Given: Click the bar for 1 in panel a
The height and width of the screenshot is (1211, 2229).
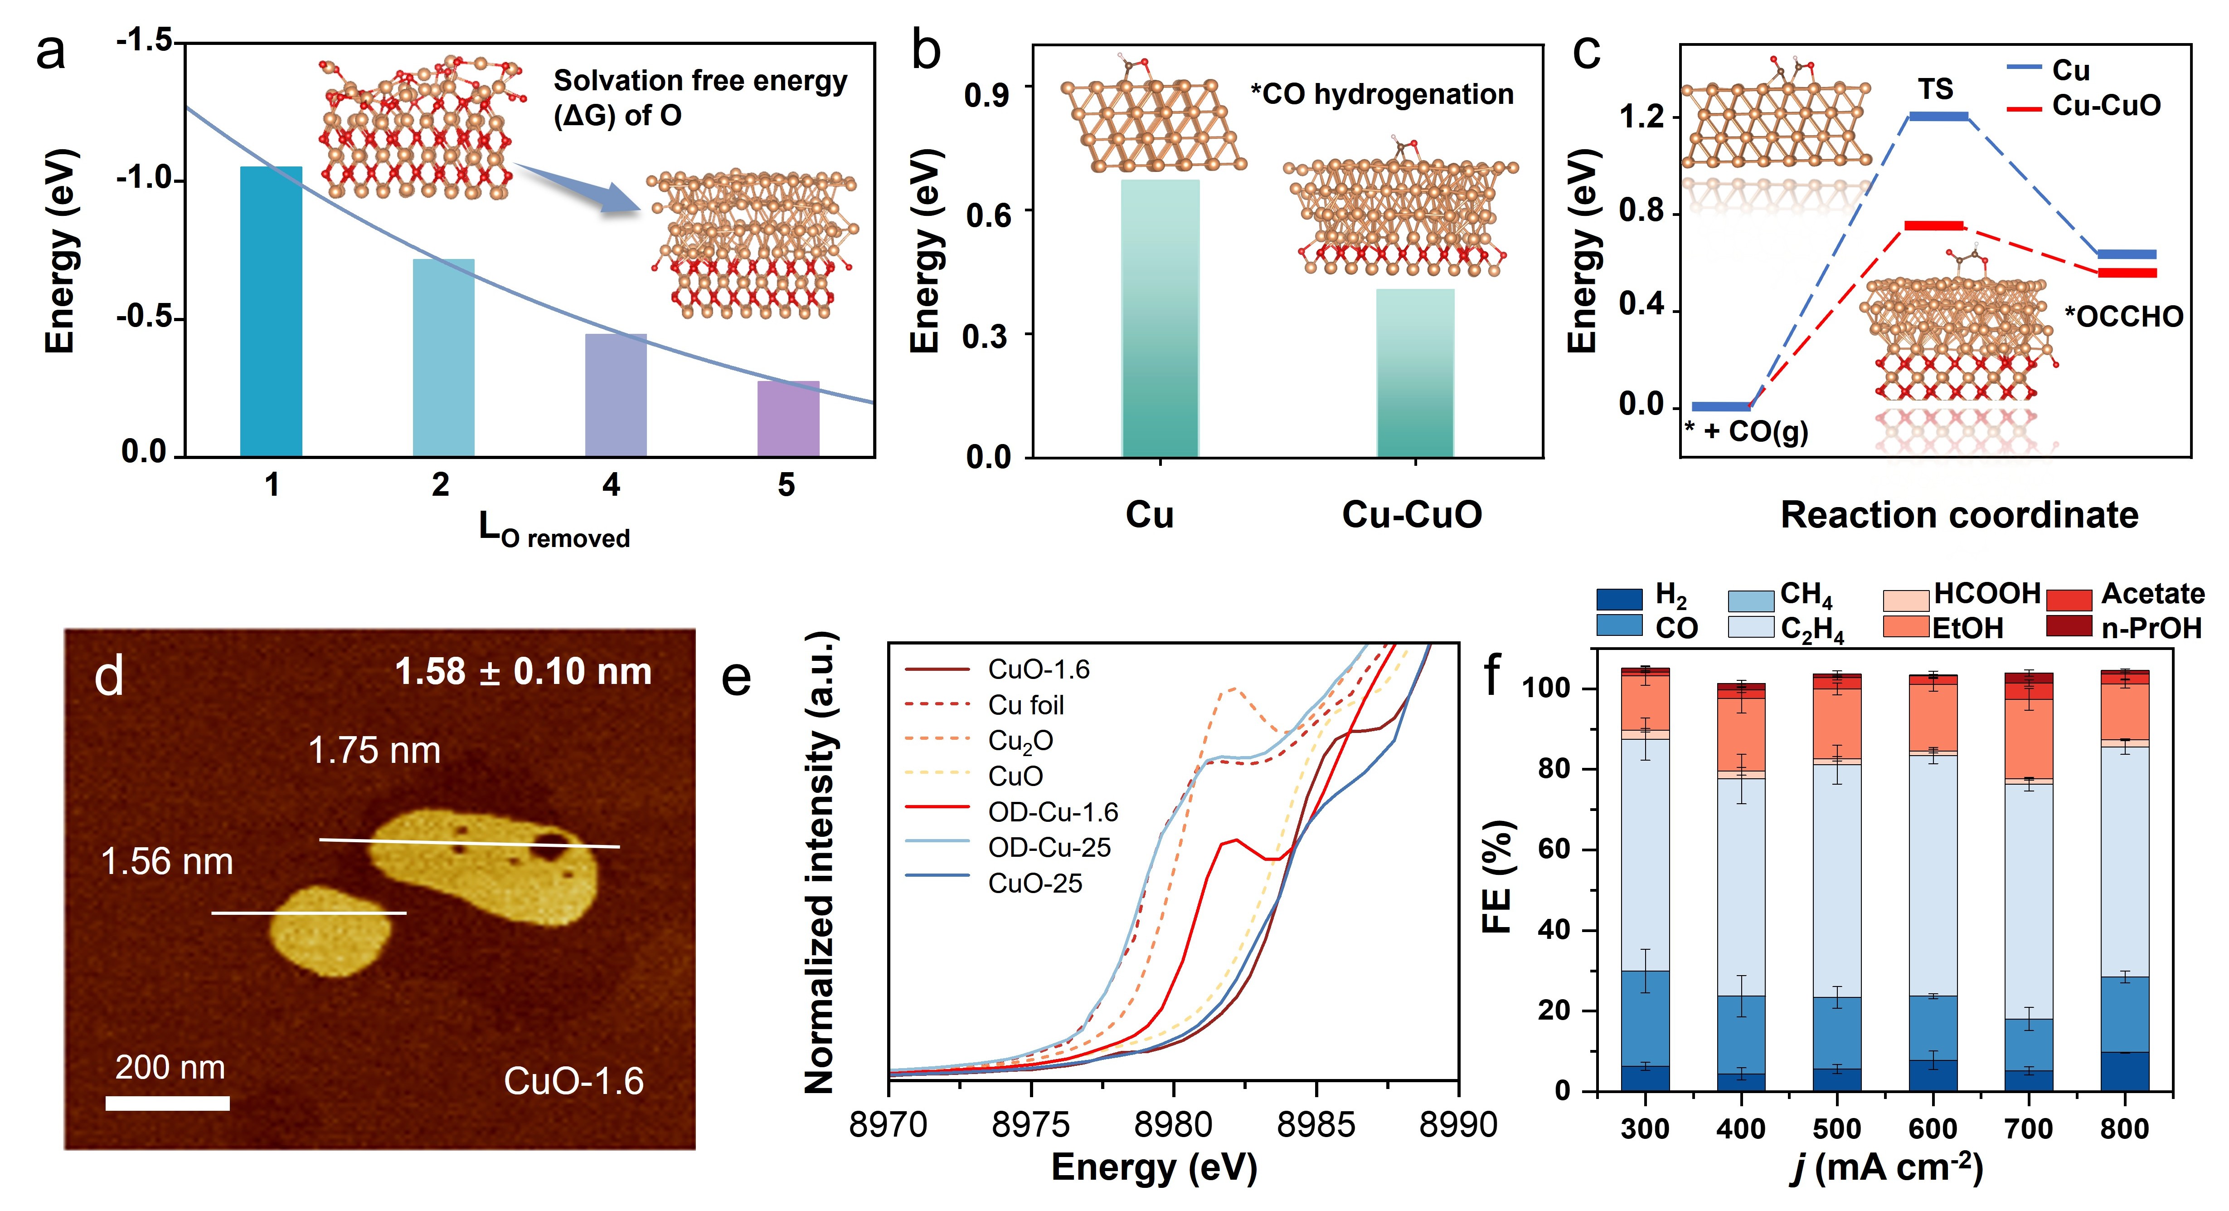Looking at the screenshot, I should click(x=271, y=312).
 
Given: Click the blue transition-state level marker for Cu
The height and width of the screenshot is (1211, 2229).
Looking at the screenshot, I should click(x=1938, y=116).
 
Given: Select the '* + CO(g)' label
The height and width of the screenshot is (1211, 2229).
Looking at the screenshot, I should click(x=1746, y=431).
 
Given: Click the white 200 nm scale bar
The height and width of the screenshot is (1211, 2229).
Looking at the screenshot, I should click(x=168, y=1103).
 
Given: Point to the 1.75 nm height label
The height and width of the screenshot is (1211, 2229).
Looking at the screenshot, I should click(x=374, y=751).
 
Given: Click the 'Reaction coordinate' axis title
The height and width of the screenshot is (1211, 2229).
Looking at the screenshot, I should click(x=1959, y=516).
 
